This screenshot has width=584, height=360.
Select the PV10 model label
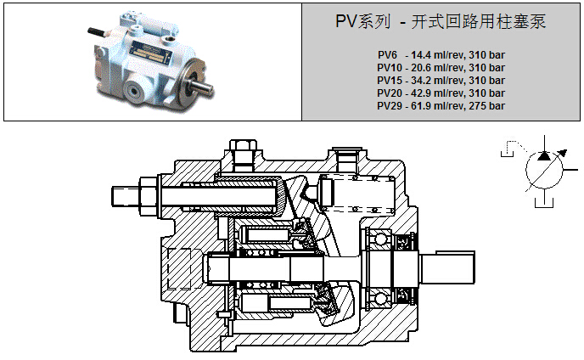click(390, 67)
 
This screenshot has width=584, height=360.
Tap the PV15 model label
click(390, 80)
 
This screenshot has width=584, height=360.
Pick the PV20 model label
click(390, 93)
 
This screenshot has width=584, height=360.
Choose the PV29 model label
click(390, 105)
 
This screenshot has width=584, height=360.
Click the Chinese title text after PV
click(467, 23)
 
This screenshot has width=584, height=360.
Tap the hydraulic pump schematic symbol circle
click(542, 172)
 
